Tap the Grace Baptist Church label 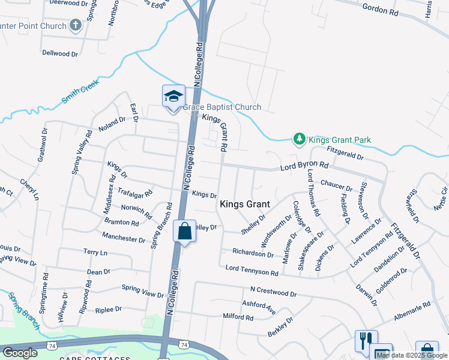222,107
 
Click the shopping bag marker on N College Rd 184,231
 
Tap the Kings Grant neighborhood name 245,204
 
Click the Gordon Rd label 381,8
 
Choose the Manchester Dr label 124,236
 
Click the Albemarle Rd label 412,309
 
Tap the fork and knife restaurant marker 366,341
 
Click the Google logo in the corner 20,353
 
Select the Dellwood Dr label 60,53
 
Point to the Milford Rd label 238,317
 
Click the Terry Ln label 95,253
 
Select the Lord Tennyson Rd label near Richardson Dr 252,271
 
